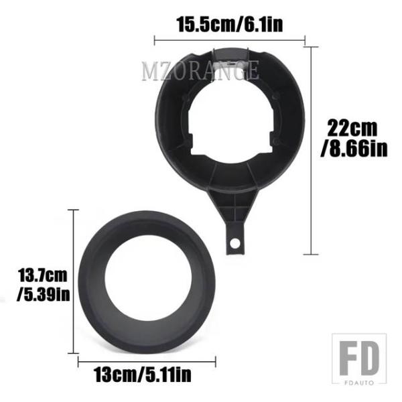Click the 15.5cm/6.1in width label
click(230, 24)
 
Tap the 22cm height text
click(352, 128)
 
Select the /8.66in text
click(354, 148)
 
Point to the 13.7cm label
click(43, 275)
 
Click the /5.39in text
click(43, 294)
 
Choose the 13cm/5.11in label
click(143, 375)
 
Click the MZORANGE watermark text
click(200, 70)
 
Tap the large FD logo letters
click(359, 358)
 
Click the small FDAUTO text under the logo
click(359, 383)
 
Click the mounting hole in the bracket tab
click(235, 243)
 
